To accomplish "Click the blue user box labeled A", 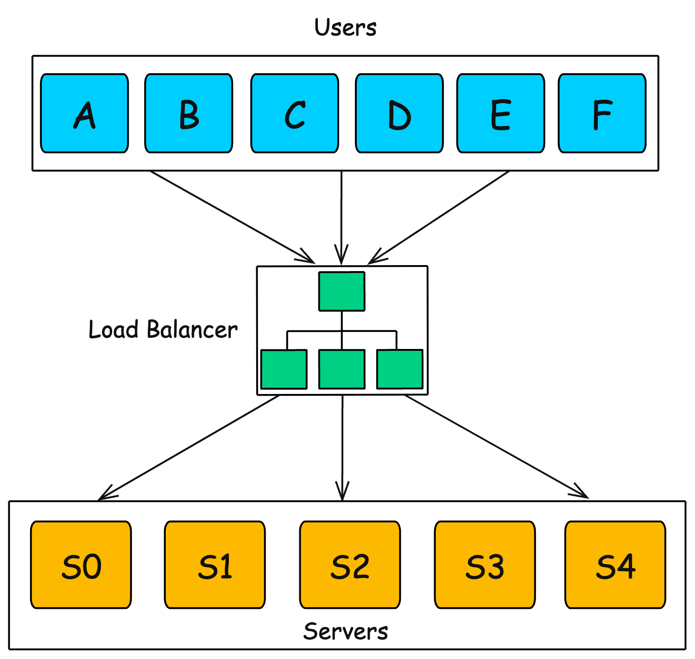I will pyautogui.click(x=84, y=113).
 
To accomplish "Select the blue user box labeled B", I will pyautogui.click(x=189, y=113).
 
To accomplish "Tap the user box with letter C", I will pyautogui.click(x=295, y=113).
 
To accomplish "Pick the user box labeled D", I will pyautogui.click(x=399, y=113).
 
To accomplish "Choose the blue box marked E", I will pyautogui.click(x=500, y=113).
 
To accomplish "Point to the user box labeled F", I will pyautogui.click(x=602, y=113).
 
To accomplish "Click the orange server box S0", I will pyautogui.click(x=81, y=564).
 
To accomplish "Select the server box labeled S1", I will pyautogui.click(x=215, y=564).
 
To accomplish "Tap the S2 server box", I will pyautogui.click(x=350, y=564).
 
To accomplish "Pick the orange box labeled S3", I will pyautogui.click(x=485, y=564).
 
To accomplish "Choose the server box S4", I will pyautogui.click(x=615, y=564).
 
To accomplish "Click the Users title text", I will pyautogui.click(x=345, y=28).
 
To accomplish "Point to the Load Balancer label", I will pyautogui.click(x=163, y=330).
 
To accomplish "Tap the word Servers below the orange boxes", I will pyautogui.click(x=346, y=632).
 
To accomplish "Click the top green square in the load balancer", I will pyautogui.click(x=342, y=291).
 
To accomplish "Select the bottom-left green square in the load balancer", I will pyautogui.click(x=284, y=369).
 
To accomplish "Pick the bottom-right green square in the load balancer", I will pyautogui.click(x=400, y=369).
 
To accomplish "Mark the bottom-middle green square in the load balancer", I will pyautogui.click(x=342, y=369).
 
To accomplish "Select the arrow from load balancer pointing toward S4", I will pyautogui.click(x=496, y=446).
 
